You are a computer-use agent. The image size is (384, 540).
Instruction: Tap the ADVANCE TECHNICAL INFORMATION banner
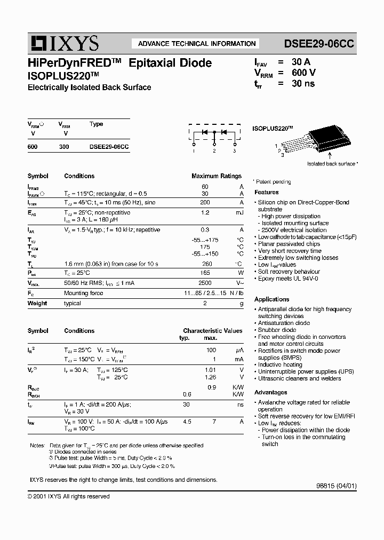[197, 44]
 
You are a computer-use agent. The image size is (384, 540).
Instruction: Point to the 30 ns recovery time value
[303, 84]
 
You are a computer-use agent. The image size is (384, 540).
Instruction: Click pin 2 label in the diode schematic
[214, 152]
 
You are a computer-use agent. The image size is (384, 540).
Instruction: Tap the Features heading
[267, 192]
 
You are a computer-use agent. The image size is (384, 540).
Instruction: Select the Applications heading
[271, 299]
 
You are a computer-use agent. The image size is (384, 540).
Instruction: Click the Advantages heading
[270, 392]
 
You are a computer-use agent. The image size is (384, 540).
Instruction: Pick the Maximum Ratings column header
[216, 176]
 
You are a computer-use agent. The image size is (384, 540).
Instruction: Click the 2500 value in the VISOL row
[205, 283]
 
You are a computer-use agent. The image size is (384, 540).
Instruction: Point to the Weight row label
[37, 303]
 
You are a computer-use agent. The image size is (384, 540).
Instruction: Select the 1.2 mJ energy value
[205, 212]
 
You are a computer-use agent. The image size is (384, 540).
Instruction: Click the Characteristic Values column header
[212, 331]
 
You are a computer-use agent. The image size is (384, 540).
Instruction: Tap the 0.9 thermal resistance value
[211, 387]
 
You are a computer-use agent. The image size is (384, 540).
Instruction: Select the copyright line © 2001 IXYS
[68, 496]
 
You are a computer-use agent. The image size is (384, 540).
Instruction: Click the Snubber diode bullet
[277, 330]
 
